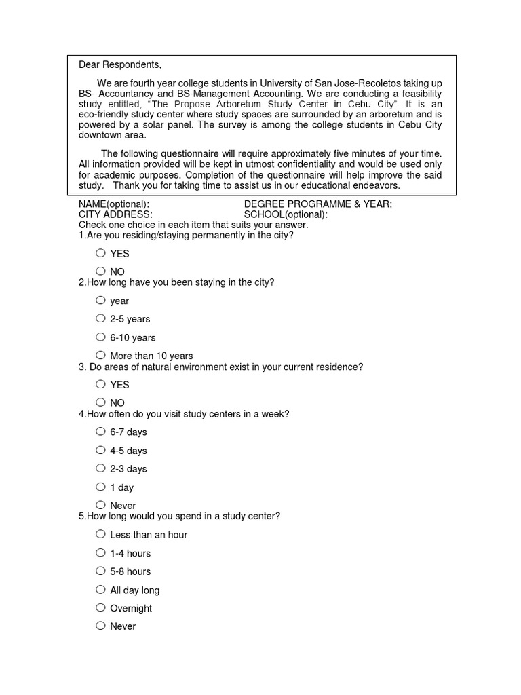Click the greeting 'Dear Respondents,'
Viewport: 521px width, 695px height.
[120, 65]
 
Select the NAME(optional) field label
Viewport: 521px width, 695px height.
[114, 204]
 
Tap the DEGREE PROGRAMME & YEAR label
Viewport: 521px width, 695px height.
[317, 204]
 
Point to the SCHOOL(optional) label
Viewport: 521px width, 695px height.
[286, 214]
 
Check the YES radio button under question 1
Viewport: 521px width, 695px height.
[100, 253]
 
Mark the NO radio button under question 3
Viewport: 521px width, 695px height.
[100, 402]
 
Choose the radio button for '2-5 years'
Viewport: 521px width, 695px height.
[100, 318]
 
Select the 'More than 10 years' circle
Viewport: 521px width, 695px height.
[100, 355]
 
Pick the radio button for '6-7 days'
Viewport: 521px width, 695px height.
[100, 431]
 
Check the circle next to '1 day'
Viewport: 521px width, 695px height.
[100, 487]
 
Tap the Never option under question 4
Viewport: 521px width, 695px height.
[100, 505]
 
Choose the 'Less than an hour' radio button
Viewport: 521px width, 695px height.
[100, 534]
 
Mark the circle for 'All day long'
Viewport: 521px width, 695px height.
[100, 590]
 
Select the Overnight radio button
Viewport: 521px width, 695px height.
[100, 607]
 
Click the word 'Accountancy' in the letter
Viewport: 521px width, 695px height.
[128, 94]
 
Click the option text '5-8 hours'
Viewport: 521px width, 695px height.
[130, 571]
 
